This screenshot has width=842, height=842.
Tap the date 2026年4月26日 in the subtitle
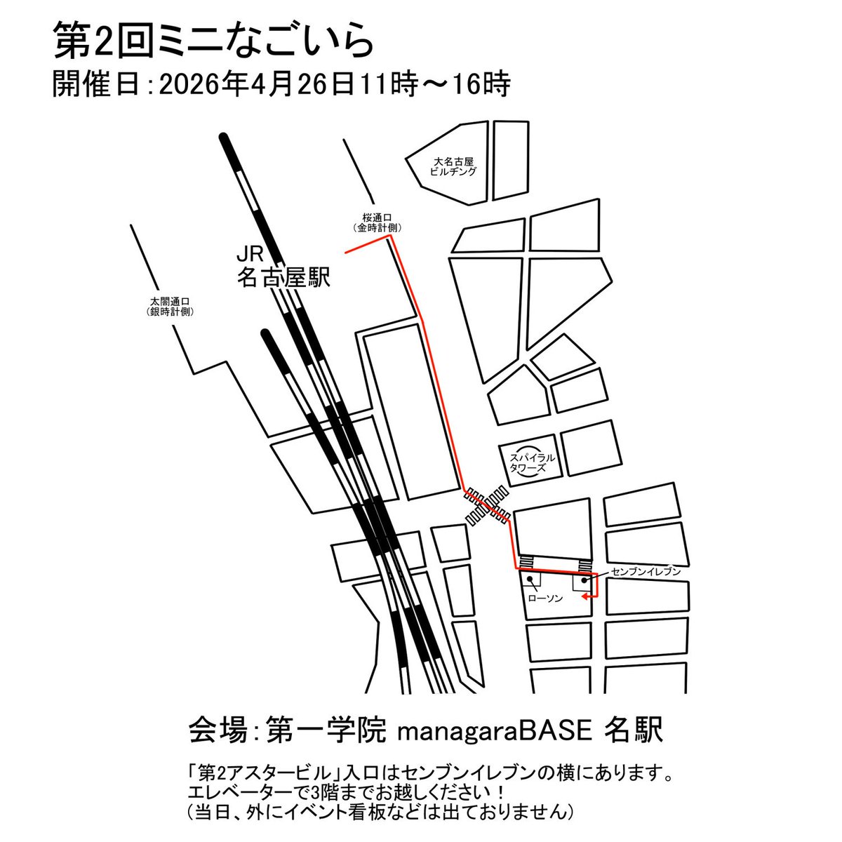click(256, 84)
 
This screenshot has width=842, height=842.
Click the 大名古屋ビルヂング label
click(453, 166)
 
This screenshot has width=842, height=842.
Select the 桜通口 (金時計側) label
click(377, 222)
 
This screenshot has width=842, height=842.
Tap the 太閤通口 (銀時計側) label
click(170, 307)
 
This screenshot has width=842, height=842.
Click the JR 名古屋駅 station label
click(283, 267)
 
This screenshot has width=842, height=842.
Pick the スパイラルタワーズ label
click(532, 462)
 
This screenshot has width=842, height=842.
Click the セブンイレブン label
click(646, 572)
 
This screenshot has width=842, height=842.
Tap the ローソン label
click(545, 599)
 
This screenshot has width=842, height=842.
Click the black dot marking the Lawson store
click(530, 580)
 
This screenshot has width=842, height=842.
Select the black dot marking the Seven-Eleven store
click(584, 580)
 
